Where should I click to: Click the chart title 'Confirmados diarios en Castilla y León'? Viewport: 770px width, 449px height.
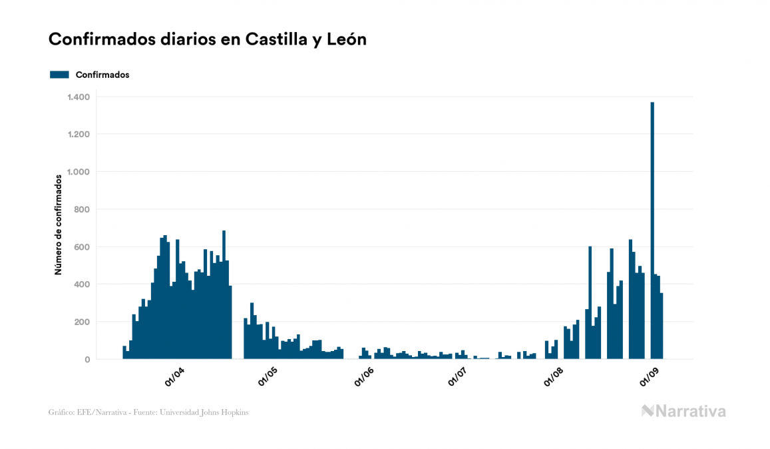click(208, 39)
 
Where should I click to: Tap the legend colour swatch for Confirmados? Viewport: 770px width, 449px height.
click(59, 75)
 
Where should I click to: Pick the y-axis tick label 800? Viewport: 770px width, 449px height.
click(81, 210)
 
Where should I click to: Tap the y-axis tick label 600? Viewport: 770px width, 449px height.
click(81, 247)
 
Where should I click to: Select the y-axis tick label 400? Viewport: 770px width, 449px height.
click(81, 284)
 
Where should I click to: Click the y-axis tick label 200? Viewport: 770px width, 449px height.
click(81, 322)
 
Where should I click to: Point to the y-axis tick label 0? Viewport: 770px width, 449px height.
click(87, 360)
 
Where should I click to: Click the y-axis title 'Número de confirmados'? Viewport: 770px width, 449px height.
click(59, 225)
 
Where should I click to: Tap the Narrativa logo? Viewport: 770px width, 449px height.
click(683, 411)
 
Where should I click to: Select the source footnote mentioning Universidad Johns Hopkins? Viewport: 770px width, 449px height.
click(148, 412)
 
